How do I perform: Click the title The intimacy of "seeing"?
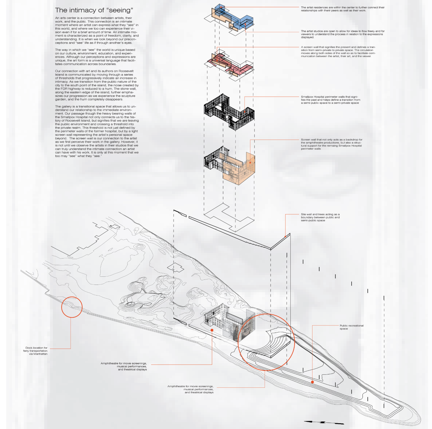point(94,10)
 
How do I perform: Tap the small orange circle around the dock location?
point(72,307)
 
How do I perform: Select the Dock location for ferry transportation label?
point(36,351)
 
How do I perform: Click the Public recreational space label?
point(351,327)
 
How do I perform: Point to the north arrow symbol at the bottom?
point(324,422)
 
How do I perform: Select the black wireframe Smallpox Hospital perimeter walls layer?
point(229,112)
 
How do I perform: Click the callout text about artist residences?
point(343,9)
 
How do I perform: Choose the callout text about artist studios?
point(343,34)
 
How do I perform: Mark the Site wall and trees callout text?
point(320,217)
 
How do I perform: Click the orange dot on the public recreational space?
point(312,382)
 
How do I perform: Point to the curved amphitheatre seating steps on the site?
point(278,343)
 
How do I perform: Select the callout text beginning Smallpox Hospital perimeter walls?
point(330,100)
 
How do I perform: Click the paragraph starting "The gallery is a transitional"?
point(97,131)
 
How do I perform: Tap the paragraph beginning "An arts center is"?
point(97,30)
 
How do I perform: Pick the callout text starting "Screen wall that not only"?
point(331,144)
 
